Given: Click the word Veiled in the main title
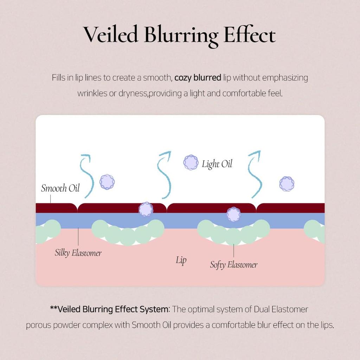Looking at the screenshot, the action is click(110, 34).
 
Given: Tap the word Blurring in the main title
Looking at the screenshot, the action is click(181, 36).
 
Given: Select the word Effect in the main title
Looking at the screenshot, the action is click(250, 34).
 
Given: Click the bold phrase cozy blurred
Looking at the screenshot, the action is click(198, 78).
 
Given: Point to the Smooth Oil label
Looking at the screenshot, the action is click(60, 188).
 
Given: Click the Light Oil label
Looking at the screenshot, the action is click(217, 164).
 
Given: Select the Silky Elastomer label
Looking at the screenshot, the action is click(78, 253).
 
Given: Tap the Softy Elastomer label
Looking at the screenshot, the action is click(234, 265).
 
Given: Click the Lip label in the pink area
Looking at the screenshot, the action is click(181, 261).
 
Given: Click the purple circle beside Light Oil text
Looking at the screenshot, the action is click(191, 162).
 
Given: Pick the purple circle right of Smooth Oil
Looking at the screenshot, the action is click(107, 182).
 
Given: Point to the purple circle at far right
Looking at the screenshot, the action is click(287, 184).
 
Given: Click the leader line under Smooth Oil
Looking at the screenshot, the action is click(51, 199).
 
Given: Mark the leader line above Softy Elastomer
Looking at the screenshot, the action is click(234, 250).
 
